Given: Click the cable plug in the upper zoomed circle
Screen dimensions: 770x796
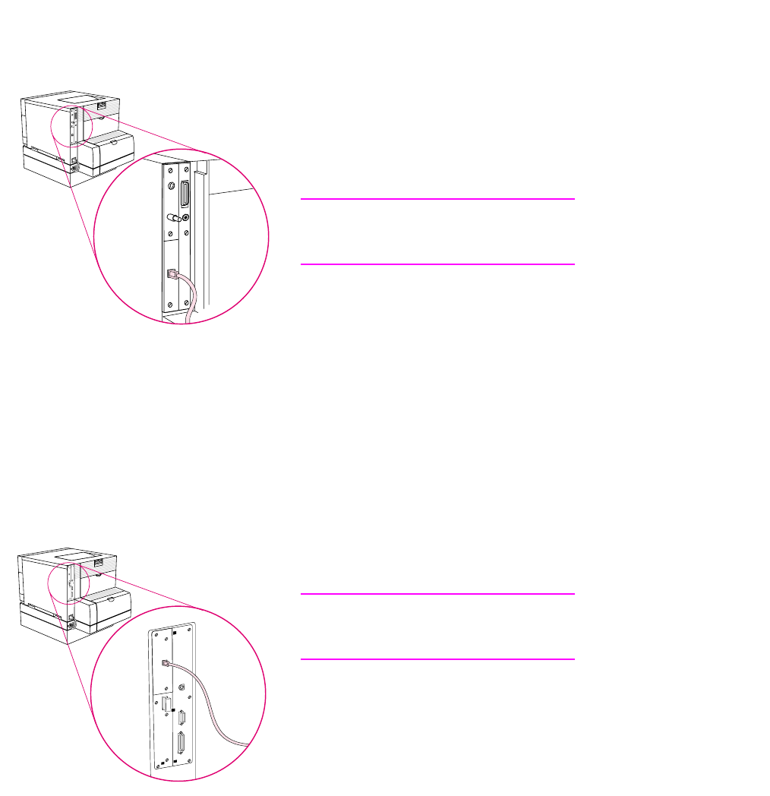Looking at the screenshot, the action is pyautogui.click(x=172, y=276).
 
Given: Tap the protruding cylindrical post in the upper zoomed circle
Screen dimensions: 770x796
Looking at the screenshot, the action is pyautogui.click(x=173, y=218).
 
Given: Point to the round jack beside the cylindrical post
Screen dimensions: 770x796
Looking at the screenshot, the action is pyautogui.click(x=186, y=219).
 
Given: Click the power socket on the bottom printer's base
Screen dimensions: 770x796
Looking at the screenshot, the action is pyautogui.click(x=71, y=625).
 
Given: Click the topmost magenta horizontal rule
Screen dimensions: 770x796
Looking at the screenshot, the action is pyautogui.click(x=437, y=199).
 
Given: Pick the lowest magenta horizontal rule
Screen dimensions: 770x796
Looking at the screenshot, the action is pyautogui.click(x=437, y=659).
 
